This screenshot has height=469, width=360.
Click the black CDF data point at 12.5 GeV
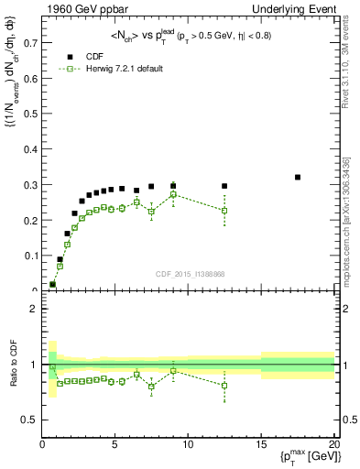[224, 186]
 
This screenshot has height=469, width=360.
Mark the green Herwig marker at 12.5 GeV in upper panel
[224, 211]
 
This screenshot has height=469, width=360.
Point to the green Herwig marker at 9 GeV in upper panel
[173, 194]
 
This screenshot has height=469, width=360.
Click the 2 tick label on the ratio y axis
[33, 309]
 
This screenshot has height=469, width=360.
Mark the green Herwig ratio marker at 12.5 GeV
[224, 385]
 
